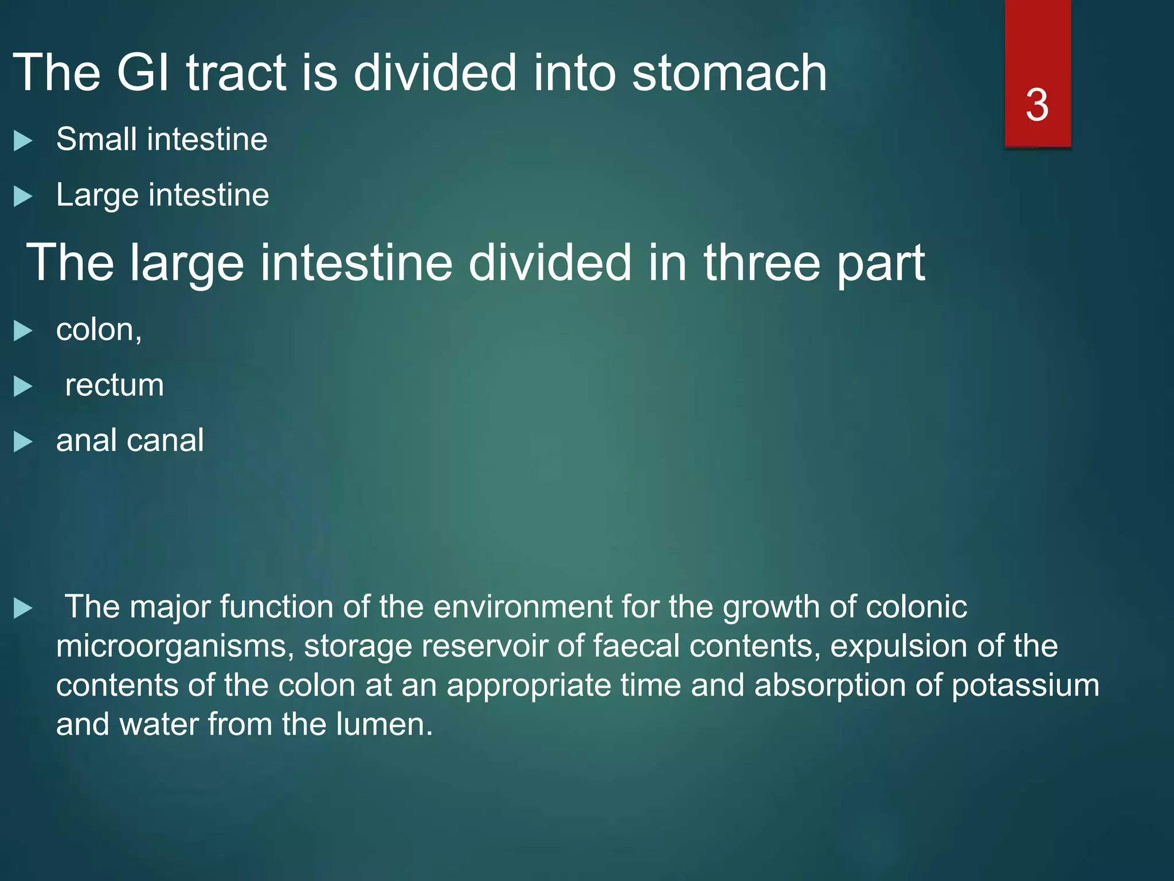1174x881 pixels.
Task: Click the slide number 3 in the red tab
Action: [x=1037, y=105]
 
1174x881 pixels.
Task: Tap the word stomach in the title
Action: [x=729, y=73]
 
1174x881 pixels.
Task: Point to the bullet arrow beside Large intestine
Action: [x=22, y=196]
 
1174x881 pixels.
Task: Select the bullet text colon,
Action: [x=99, y=330]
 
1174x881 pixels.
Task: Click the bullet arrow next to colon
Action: [x=22, y=331]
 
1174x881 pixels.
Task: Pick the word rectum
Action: [x=114, y=385]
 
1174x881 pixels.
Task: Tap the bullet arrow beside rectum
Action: [x=22, y=387]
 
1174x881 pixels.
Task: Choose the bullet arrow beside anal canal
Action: [x=22, y=442]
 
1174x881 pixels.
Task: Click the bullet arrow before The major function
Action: [x=22, y=609]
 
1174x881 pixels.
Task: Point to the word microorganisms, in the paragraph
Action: [x=175, y=646]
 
